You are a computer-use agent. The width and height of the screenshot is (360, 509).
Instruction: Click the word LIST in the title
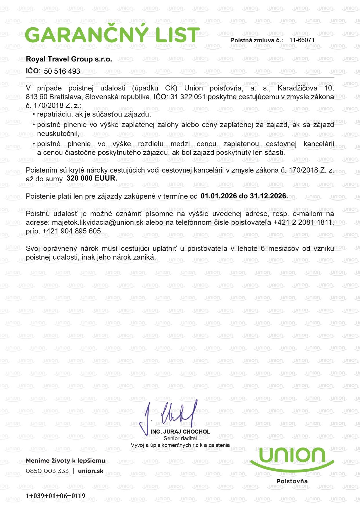click(177, 35)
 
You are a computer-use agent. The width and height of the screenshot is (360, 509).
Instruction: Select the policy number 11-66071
click(302, 40)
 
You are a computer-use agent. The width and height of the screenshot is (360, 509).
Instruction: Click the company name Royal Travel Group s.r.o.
click(69, 59)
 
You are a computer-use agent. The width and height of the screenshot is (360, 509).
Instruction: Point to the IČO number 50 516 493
click(62, 71)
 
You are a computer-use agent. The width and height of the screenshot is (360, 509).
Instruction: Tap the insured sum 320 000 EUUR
click(92, 178)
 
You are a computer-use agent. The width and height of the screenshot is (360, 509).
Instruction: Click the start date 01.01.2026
click(219, 196)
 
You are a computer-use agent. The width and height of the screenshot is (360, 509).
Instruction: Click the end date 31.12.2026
click(271, 196)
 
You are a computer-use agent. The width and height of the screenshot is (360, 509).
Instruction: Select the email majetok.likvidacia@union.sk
click(97, 222)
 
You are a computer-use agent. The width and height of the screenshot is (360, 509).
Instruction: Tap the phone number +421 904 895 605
click(72, 231)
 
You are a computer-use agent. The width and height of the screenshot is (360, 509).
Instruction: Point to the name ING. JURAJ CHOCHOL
click(180, 432)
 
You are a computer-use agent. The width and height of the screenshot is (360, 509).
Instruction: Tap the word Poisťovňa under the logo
click(292, 481)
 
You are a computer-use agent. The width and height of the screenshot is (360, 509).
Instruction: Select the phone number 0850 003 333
click(47, 471)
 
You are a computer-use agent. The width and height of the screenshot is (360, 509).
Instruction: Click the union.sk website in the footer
click(91, 471)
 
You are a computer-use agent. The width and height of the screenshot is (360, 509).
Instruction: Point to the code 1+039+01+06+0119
click(55, 496)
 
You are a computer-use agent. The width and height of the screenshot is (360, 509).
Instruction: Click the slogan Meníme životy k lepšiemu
click(66, 461)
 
